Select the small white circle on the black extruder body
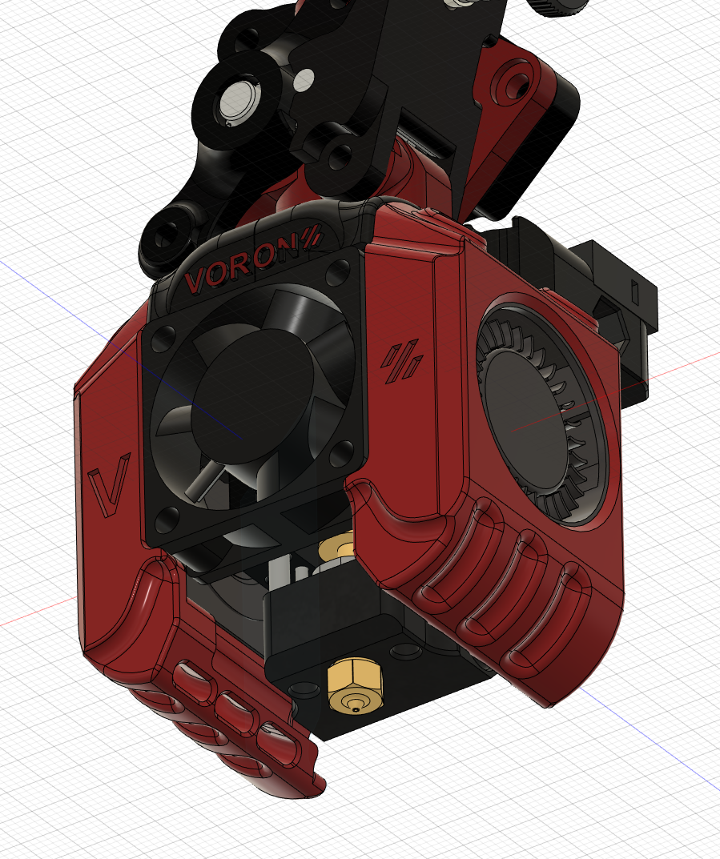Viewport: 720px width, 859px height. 304,78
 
